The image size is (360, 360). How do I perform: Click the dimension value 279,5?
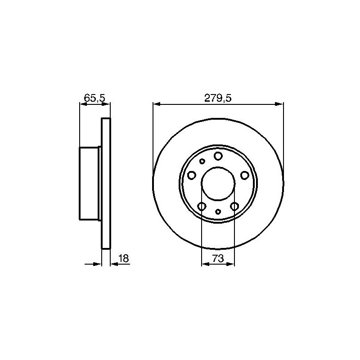pyautogui.click(x=218, y=98)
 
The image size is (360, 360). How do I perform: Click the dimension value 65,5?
pyautogui.click(x=94, y=98)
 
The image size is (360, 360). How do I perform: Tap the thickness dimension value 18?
pyautogui.click(x=124, y=258)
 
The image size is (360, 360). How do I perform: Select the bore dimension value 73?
pyautogui.click(x=218, y=258)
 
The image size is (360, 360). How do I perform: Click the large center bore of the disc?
pyautogui.click(x=218, y=183)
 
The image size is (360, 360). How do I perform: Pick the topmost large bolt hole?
pyautogui.click(x=218, y=156)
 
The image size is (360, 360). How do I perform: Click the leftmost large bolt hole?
pyautogui.click(x=192, y=175)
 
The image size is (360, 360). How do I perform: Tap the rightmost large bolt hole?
pyautogui.click(x=245, y=175)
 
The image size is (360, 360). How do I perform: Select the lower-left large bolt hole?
pyautogui.click(x=202, y=206)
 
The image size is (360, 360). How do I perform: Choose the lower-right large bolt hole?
pyautogui.click(x=234, y=206)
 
